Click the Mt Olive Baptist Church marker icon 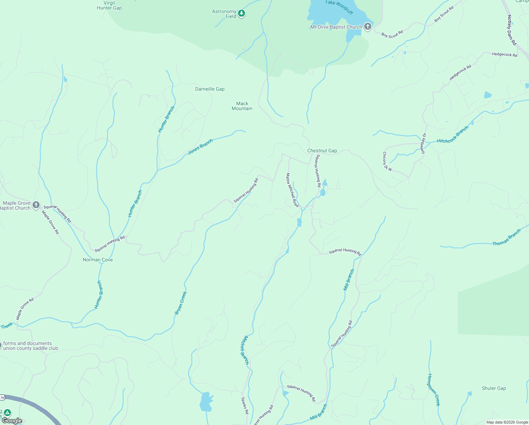tap(368, 27)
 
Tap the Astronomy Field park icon tap(242, 14)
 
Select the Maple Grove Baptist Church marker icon tap(36, 205)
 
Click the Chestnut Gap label tap(322, 151)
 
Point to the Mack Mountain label tap(242, 106)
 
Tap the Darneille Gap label tap(210, 89)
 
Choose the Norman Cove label tap(98, 260)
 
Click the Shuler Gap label tap(494, 388)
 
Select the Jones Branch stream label tap(200, 146)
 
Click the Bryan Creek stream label tap(180, 303)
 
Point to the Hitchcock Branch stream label tap(453, 135)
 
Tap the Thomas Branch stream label tap(506, 238)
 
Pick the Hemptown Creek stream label tap(434, 390)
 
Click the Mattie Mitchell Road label tap(292, 190)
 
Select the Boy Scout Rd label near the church tap(392, 35)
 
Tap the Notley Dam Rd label tap(512, 30)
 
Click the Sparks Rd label tap(245, 406)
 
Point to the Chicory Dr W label tap(387, 161)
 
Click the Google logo tap(12, 420)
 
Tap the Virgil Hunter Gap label tap(109, 5)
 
